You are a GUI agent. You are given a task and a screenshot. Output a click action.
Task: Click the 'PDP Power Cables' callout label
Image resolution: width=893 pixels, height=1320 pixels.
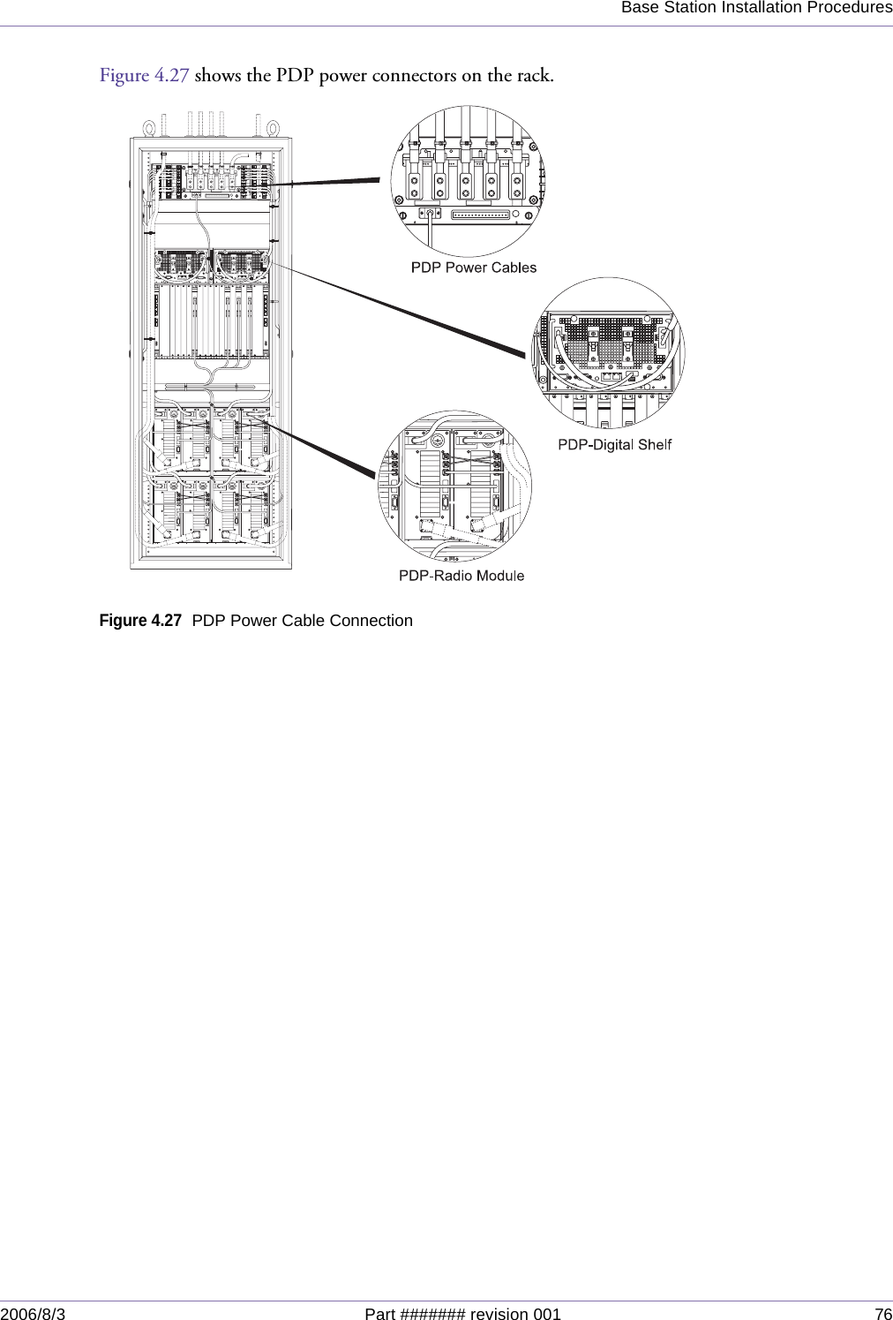click(474, 267)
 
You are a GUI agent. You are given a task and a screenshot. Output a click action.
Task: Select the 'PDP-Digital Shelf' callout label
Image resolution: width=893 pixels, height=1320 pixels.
click(614, 444)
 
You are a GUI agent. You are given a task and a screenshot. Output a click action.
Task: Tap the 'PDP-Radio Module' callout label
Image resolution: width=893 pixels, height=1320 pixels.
click(462, 576)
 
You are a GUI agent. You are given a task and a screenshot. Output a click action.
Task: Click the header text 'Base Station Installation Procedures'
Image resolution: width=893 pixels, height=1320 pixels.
click(756, 8)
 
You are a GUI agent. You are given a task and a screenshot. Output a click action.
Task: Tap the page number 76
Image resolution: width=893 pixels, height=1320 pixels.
click(882, 1312)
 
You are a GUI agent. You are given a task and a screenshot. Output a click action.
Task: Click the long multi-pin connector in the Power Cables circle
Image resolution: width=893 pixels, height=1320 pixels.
click(481, 215)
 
